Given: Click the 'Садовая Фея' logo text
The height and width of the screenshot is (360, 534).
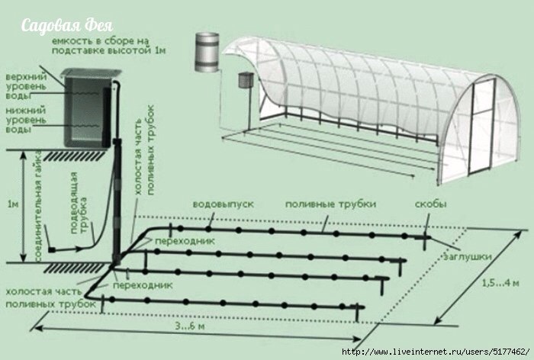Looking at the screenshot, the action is click(x=67, y=26).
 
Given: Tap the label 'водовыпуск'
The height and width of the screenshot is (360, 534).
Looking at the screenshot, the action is click(x=224, y=204).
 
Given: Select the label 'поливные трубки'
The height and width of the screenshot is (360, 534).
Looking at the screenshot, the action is click(x=330, y=204).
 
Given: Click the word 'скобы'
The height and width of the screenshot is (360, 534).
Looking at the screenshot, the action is click(x=430, y=204).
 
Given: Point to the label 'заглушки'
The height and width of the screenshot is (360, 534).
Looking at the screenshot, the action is click(x=467, y=256).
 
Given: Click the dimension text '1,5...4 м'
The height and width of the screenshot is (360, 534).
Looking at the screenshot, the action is click(x=500, y=283).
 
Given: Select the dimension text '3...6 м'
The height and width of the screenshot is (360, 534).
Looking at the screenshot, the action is click(x=190, y=326).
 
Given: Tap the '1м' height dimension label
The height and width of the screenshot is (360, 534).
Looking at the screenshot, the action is click(x=13, y=204).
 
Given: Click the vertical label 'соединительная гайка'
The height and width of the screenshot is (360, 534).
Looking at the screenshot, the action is click(x=38, y=205).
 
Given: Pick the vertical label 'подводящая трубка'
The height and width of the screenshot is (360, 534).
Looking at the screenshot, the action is click(x=79, y=203).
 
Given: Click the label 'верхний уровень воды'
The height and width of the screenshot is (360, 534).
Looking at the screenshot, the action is click(x=26, y=86).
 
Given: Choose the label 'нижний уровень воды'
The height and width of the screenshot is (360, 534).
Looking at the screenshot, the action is click(x=26, y=120).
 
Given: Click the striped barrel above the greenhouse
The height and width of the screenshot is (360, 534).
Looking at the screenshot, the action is click(x=207, y=52).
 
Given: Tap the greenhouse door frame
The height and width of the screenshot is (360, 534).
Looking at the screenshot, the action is click(x=481, y=127).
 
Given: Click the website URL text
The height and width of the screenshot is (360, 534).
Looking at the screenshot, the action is click(x=436, y=352).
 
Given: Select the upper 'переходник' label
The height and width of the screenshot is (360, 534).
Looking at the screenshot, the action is click(x=185, y=241).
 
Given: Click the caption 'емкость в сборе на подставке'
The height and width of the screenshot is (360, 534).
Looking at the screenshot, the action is click(x=108, y=46).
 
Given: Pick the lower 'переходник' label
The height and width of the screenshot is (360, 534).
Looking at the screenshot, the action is click(x=143, y=284).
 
